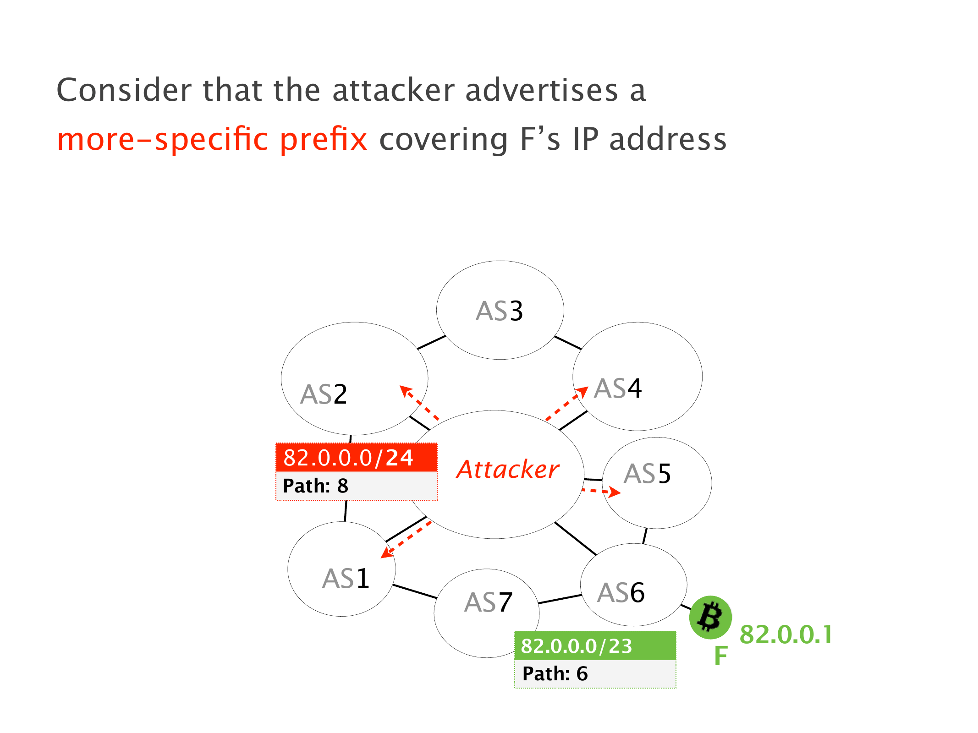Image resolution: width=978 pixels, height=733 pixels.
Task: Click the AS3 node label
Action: [x=499, y=311]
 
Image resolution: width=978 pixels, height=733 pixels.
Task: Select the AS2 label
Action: [x=324, y=394]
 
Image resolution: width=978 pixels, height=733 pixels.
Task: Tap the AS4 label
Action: [x=617, y=388]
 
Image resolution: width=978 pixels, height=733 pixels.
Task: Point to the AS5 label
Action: [x=647, y=474]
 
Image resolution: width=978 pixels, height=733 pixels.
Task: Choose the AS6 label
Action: [x=621, y=592]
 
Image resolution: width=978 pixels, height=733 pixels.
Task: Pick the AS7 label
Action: [x=488, y=602]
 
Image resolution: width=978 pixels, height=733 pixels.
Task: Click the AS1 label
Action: [x=346, y=578]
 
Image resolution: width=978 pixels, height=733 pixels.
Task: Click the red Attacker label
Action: [x=508, y=470]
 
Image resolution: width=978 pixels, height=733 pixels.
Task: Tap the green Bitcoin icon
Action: [x=710, y=617]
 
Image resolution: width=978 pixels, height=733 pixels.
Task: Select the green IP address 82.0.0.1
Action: [x=786, y=635]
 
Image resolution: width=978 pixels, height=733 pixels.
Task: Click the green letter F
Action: [x=721, y=656]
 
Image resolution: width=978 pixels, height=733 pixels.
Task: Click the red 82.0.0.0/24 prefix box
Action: [x=356, y=458]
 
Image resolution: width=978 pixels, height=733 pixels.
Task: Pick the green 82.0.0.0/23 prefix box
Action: [x=595, y=646]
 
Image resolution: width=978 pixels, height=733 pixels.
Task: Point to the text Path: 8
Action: [x=315, y=486]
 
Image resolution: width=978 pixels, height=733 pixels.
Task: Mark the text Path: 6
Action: [x=555, y=674]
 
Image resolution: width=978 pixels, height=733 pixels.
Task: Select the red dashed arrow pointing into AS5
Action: [x=601, y=492]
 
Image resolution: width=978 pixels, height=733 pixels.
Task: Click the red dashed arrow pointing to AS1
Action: [x=406, y=540]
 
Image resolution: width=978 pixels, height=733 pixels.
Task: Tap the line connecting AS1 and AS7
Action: [x=415, y=591]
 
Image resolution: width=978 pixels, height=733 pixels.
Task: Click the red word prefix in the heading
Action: [x=324, y=139]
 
